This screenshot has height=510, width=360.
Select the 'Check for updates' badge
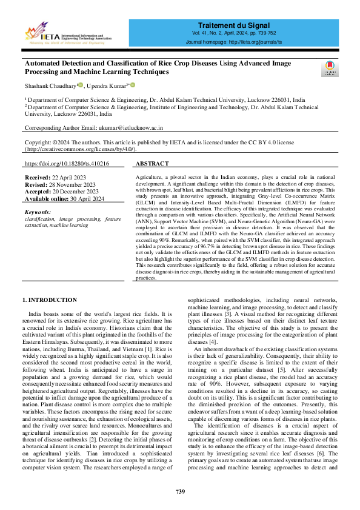[x=330, y=68]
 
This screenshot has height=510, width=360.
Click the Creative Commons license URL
[x=80, y=149]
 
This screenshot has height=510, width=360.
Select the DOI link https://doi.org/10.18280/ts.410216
[x=67, y=164]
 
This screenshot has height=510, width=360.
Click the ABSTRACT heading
[x=152, y=164]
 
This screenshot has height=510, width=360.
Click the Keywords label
[x=38, y=212]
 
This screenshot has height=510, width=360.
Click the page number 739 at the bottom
[x=180, y=491]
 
